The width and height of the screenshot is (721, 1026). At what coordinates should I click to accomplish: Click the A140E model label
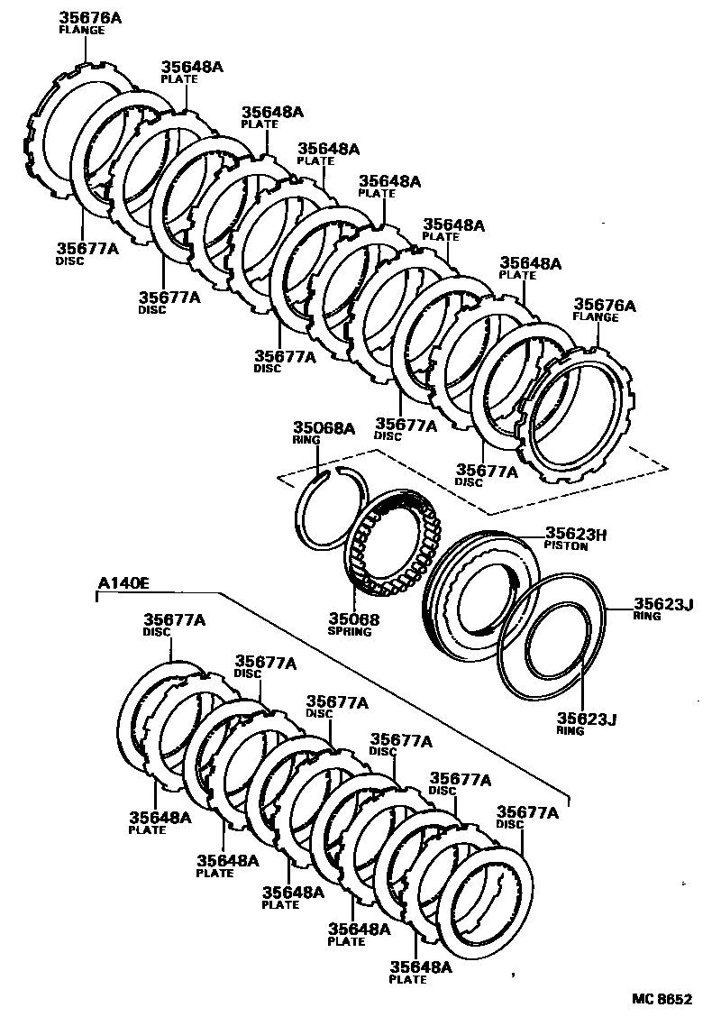coord(123,583)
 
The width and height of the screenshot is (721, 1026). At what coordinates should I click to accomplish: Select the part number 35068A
coord(324,427)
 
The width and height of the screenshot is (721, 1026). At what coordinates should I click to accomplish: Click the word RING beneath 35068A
coord(301,440)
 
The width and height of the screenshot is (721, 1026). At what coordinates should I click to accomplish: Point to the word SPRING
coord(350,632)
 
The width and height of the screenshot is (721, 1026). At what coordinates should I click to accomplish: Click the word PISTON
coord(566,545)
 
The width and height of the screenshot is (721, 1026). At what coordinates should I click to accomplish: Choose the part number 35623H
coord(576,534)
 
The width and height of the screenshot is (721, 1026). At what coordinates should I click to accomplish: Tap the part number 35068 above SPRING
coord(353,619)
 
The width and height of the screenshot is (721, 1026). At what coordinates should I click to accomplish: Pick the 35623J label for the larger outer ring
coord(662,604)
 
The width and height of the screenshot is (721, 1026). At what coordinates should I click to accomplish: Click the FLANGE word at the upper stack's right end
coord(596,317)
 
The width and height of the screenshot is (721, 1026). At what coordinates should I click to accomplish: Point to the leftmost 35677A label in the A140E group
coord(174,619)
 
